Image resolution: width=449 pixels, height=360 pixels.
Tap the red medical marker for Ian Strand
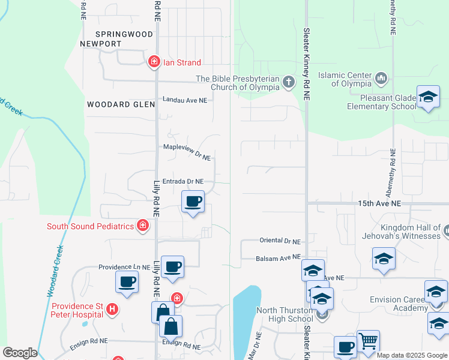coord(154,62)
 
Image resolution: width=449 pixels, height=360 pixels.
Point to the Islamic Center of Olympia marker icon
coord(381,78)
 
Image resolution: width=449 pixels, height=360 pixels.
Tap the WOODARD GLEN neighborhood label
coord(121,104)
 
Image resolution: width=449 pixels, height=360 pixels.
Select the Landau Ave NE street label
coord(185,100)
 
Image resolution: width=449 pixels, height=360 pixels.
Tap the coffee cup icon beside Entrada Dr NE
coord(193,201)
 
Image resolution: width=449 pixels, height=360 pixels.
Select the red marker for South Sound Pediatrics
coord(143,226)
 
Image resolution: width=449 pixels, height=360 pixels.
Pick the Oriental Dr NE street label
coord(280,241)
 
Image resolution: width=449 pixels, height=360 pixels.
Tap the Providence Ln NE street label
coord(124,267)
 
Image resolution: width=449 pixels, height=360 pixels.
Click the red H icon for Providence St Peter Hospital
coord(110,309)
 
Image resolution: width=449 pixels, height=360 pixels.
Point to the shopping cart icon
coord(368,341)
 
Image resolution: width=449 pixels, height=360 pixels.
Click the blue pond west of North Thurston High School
coord(246,318)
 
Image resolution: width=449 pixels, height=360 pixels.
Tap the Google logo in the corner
coord(20,353)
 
